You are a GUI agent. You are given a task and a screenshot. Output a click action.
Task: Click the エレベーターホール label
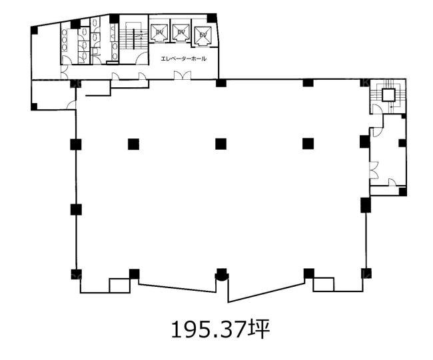[x=183, y=59]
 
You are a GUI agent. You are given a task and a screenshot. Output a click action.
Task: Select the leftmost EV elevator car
[x=159, y=32]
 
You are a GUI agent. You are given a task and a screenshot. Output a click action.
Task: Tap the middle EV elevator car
[x=181, y=32]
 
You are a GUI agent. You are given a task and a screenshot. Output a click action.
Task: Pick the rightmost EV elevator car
[x=203, y=35]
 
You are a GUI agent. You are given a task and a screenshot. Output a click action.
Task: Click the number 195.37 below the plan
[x=209, y=329]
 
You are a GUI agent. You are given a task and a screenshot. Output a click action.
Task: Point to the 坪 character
[x=258, y=329]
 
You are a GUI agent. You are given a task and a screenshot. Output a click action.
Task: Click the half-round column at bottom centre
[x=221, y=275]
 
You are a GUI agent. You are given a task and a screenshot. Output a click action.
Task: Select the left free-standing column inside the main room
[x=133, y=144]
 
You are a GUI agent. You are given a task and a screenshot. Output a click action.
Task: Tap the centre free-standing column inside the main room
[x=221, y=144]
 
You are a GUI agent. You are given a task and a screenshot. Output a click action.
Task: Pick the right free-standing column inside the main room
[x=308, y=144]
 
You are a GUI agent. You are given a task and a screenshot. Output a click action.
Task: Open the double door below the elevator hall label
[x=183, y=75]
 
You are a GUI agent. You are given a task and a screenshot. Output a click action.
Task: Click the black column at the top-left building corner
[x=34, y=30]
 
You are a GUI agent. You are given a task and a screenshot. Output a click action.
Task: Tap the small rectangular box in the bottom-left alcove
[x=119, y=285]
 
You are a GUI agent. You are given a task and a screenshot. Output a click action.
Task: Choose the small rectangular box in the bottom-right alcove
[x=323, y=284]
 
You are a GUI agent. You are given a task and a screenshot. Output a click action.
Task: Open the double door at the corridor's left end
[x=65, y=73]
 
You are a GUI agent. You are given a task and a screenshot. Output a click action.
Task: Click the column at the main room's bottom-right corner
[x=366, y=273]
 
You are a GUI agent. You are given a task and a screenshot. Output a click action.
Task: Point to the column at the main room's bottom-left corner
[x=76, y=274]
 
